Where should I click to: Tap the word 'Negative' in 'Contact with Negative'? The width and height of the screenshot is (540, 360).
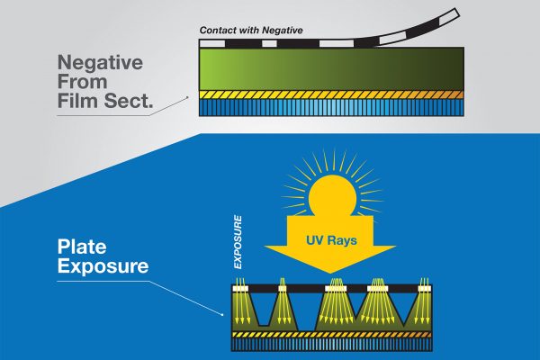click(x=279, y=31)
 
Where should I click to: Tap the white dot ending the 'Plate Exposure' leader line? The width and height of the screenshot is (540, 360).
click(x=224, y=315)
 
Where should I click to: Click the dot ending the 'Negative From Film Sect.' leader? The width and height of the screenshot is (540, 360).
click(x=188, y=96)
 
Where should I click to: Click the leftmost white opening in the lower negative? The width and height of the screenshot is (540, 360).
click(x=240, y=287)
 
